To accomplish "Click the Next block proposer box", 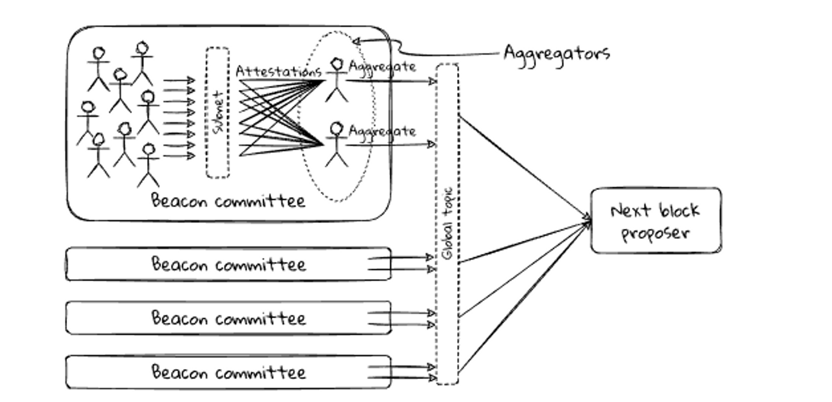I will (x=656, y=221).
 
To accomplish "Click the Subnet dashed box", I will (x=218, y=113).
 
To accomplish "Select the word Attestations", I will (x=278, y=71).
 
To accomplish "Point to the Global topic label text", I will (x=448, y=223).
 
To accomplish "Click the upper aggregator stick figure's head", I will (x=337, y=64).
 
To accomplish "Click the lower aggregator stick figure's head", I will (x=337, y=129).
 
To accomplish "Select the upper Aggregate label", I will (x=382, y=66).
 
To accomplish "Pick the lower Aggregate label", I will (x=382, y=131).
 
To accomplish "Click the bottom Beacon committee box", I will (x=228, y=372).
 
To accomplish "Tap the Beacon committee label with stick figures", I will (x=228, y=201).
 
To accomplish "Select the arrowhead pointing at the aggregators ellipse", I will (x=356, y=41).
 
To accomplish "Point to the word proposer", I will (x=655, y=233).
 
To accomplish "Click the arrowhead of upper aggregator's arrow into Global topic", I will (x=433, y=81).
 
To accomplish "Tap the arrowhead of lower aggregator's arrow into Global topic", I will (x=432, y=144).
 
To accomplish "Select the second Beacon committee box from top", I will (x=228, y=265).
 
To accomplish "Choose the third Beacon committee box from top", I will (x=228, y=318).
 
